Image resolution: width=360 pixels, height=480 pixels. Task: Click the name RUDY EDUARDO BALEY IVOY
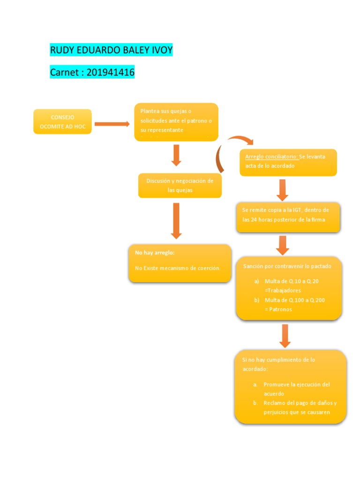coord(111,50)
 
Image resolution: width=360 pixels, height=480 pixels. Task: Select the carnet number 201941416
coord(111,73)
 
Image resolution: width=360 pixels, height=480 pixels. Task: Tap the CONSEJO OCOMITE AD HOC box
coord(62,122)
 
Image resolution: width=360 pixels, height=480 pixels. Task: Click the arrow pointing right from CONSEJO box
coord(112,124)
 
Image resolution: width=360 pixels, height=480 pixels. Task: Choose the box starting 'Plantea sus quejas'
coord(176,122)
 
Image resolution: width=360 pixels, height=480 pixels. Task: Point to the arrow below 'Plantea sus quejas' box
coord(176,155)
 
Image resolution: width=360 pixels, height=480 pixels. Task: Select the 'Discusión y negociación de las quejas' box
coord(180,186)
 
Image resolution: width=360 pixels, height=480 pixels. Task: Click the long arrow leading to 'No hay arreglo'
coord(176,221)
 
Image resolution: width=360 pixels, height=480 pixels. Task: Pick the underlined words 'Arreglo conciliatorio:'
coord(271,157)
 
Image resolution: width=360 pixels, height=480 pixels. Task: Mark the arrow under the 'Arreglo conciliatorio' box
coord(282,189)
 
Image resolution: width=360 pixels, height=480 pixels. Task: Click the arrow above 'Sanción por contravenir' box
coord(282,245)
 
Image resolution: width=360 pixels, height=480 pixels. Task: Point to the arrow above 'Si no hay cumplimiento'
coord(285,336)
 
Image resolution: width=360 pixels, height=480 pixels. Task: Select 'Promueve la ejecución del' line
coord(297,384)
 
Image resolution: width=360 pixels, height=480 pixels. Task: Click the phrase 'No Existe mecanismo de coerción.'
coord(178,268)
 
